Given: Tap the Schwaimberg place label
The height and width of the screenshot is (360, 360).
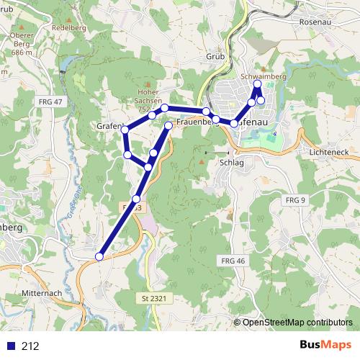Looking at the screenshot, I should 264,75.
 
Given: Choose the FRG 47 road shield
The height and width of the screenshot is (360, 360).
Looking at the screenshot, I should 49,103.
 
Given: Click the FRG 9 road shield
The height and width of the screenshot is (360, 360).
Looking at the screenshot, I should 295,199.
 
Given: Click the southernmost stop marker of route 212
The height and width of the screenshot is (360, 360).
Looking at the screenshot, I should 99,256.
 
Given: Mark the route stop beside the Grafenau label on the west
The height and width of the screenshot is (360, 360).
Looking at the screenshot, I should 126,130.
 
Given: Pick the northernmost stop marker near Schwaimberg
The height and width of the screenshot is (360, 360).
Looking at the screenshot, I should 257,85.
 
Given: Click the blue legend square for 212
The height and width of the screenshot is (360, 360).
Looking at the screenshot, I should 9,346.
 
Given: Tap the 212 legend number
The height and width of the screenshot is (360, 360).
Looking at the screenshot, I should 30,346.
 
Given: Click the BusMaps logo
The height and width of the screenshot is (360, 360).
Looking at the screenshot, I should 326,346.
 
